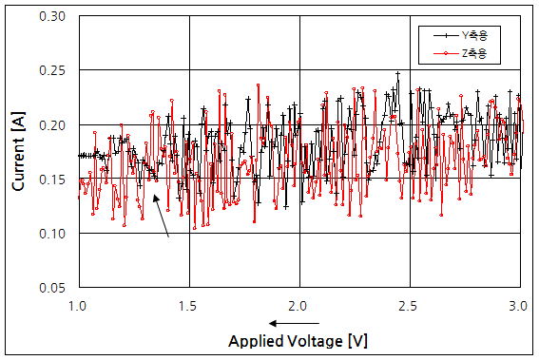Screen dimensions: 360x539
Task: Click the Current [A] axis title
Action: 19,152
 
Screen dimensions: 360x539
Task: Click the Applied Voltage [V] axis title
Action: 298,340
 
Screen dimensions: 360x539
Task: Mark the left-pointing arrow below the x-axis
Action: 285,323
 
